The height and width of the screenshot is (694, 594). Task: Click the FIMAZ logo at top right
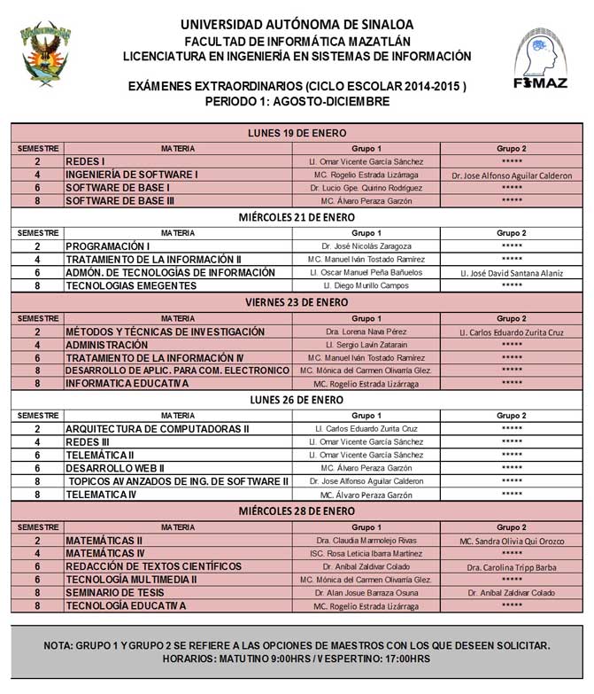click(x=541, y=57)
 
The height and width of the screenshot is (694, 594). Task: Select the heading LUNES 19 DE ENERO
click(x=297, y=134)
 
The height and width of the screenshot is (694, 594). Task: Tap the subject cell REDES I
click(x=86, y=162)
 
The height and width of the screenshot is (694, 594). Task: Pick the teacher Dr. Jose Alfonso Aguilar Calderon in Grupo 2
click(x=511, y=175)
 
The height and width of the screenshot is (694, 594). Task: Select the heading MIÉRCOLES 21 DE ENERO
click(x=297, y=217)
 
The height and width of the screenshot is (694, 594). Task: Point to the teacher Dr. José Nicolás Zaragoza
click(x=366, y=246)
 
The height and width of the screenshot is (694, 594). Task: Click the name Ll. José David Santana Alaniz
click(x=511, y=272)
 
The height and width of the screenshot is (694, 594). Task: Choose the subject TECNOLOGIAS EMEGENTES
click(x=130, y=285)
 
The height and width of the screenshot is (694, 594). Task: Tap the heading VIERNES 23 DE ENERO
click(x=297, y=302)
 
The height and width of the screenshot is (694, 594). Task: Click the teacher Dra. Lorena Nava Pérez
click(x=366, y=331)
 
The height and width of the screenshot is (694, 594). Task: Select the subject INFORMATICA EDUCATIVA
click(x=127, y=383)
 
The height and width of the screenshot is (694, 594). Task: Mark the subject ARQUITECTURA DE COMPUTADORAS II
click(x=158, y=429)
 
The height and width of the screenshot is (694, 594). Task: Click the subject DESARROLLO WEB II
click(x=115, y=467)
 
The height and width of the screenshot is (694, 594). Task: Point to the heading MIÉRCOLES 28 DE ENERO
click(x=297, y=511)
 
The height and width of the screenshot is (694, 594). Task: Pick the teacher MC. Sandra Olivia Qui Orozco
click(x=511, y=540)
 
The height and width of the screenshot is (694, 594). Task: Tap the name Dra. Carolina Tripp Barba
click(x=511, y=565)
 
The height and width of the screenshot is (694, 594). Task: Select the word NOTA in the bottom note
click(x=60, y=645)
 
